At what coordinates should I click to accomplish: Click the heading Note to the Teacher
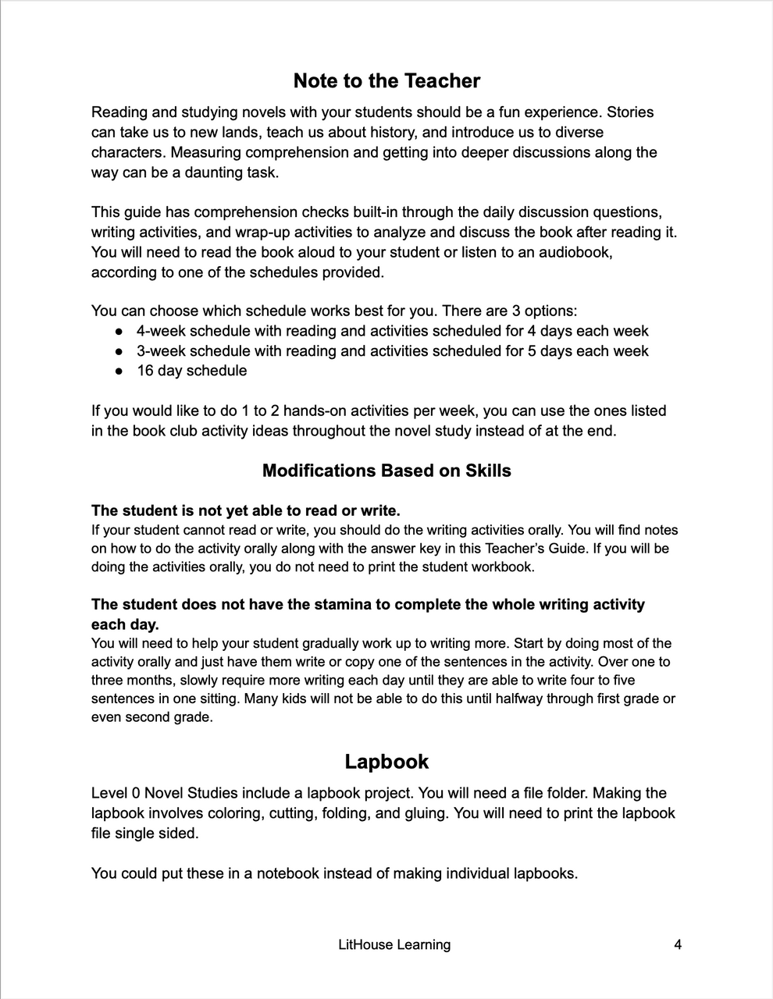pyautogui.click(x=386, y=81)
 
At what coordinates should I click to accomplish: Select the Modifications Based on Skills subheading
pyautogui.click(x=386, y=471)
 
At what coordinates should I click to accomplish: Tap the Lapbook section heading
pyautogui.click(x=386, y=762)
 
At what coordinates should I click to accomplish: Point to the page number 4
pyautogui.click(x=677, y=944)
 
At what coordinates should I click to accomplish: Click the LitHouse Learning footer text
pyautogui.click(x=394, y=944)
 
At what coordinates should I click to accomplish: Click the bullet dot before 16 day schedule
pyautogui.click(x=119, y=372)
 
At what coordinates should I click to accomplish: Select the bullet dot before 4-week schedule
pyautogui.click(x=119, y=332)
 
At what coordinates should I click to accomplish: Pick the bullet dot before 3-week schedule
pyautogui.click(x=119, y=352)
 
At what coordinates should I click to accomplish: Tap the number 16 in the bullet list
pyautogui.click(x=145, y=371)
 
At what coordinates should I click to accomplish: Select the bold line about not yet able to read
pyautogui.click(x=245, y=511)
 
